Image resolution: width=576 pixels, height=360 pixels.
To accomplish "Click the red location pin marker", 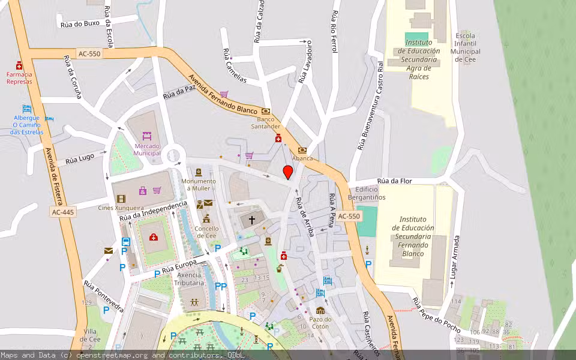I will (288, 172).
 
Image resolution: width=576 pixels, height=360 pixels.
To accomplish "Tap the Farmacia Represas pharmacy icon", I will (19, 65).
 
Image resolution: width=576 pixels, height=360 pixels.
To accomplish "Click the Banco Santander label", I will (265, 123).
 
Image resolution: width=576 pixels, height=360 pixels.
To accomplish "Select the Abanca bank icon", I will (302, 149).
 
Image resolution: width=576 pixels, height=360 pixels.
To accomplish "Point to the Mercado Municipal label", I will (148, 149).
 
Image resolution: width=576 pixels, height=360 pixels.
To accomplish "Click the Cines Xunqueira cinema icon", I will (121, 199).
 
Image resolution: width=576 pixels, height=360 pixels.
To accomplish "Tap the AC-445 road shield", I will (62, 212).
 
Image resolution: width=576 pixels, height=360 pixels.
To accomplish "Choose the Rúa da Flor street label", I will (394, 181).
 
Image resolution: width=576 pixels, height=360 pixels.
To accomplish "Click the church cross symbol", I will (252, 220).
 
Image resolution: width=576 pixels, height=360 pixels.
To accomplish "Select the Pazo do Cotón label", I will (320, 323).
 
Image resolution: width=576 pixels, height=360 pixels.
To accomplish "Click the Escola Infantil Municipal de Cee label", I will (466, 47).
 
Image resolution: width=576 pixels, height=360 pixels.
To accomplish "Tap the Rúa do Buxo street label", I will (80, 24).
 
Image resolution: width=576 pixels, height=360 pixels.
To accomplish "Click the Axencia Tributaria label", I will (190, 278).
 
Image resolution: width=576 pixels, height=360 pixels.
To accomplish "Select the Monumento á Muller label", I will (199, 185).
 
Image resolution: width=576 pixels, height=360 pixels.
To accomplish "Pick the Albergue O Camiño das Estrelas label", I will (27, 125).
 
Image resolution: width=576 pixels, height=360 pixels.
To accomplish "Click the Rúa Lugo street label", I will (80, 158).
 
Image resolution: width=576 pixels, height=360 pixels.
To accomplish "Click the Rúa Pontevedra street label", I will (103, 296).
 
